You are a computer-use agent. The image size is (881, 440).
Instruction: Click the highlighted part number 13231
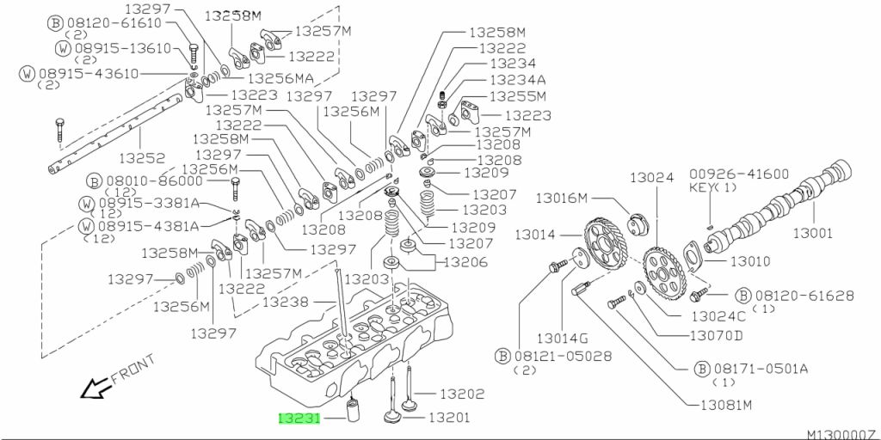(x=299, y=419)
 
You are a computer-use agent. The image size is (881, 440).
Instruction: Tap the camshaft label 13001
(x=813, y=233)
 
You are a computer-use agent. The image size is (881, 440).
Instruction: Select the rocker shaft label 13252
(x=145, y=158)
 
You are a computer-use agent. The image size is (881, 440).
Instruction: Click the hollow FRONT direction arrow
(x=95, y=388)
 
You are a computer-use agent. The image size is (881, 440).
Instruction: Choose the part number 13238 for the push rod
(x=286, y=302)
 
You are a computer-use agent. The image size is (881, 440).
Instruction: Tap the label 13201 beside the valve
(x=449, y=418)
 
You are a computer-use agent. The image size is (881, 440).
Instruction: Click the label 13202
(x=461, y=394)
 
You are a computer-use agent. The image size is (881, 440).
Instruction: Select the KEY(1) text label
(x=712, y=187)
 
